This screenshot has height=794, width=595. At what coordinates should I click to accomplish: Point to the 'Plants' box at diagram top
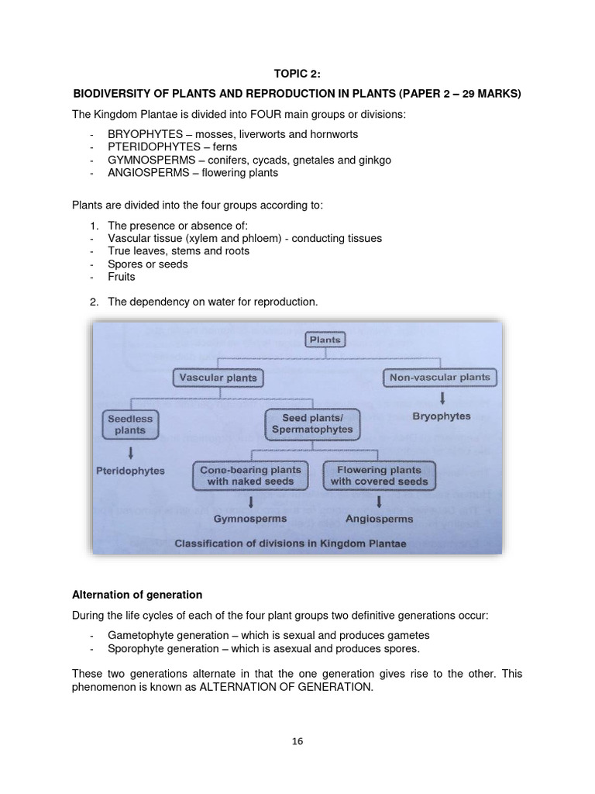[325, 340]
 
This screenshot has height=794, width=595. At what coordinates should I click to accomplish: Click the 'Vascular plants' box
[217, 378]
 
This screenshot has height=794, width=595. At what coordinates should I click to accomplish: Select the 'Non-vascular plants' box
[441, 378]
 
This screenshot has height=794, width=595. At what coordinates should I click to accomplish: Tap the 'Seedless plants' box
[130, 424]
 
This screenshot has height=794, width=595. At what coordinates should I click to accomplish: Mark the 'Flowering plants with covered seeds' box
[376, 475]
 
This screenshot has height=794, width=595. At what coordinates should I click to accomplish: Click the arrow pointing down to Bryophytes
[441, 399]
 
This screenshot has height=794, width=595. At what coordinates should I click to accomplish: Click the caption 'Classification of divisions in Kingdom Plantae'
[291, 544]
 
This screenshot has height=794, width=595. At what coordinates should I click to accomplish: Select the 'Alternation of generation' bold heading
[137, 595]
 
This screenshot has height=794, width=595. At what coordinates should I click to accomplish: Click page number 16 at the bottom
[297, 741]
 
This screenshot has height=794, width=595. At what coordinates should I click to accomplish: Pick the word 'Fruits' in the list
[122, 277]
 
